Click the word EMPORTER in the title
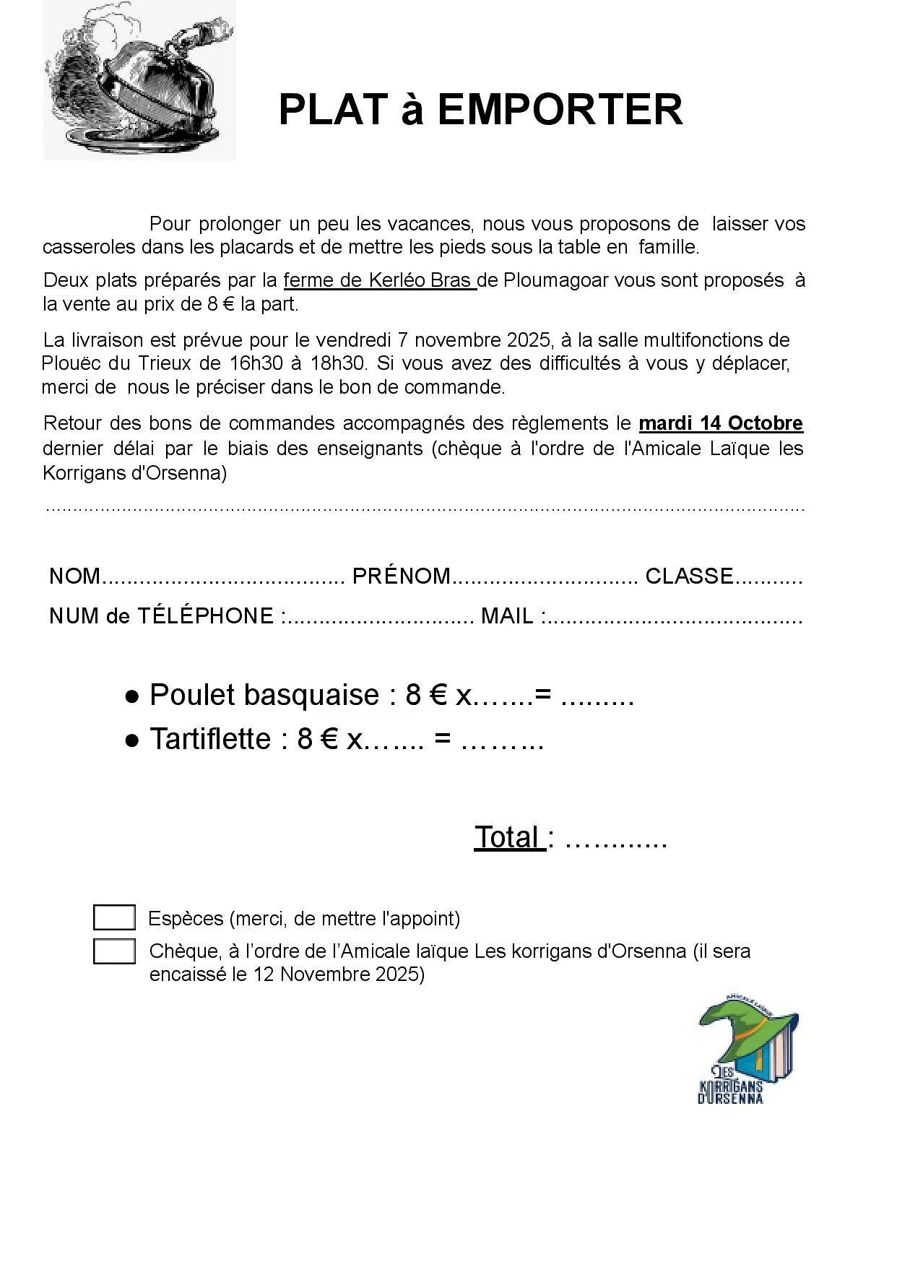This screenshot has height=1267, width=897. (560, 110)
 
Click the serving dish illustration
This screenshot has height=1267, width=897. (139, 80)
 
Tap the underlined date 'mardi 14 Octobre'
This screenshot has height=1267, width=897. (721, 423)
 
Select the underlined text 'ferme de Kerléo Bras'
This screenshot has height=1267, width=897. (378, 280)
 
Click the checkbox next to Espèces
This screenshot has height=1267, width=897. (114, 917)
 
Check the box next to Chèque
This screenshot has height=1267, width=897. (114, 951)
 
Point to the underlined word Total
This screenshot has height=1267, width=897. (508, 837)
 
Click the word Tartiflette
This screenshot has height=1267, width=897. (210, 739)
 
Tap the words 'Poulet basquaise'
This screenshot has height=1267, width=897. (264, 695)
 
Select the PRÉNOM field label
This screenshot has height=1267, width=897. (401, 576)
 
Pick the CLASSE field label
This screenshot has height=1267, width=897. (689, 576)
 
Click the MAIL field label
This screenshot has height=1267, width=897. (507, 616)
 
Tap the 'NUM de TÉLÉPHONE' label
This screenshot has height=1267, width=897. (161, 616)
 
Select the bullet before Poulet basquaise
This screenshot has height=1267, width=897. (132, 696)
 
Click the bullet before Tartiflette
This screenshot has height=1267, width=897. (132, 740)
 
